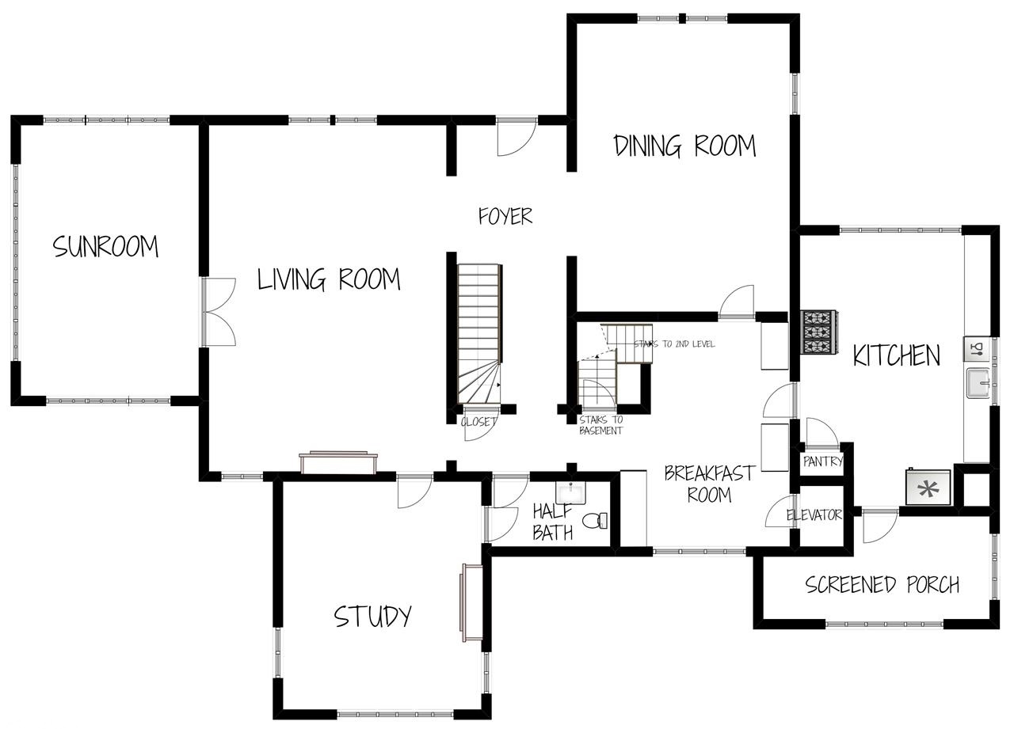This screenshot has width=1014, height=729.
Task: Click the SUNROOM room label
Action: click(x=105, y=247)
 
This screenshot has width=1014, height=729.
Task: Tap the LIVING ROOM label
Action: click(x=329, y=279)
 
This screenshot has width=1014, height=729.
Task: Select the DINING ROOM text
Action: click(x=684, y=146)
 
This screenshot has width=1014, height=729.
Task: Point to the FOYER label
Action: click(x=505, y=216)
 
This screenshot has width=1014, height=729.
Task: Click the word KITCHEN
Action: click(x=896, y=356)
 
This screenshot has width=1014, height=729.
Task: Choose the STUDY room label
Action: click(x=372, y=616)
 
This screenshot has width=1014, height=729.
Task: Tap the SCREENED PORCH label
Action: click(x=882, y=585)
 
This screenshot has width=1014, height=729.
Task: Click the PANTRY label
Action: click(x=822, y=461)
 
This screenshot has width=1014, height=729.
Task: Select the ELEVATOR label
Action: click(x=814, y=515)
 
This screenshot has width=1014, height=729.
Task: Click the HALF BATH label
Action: click(x=552, y=522)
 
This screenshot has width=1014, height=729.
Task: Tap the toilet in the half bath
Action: click(x=595, y=521)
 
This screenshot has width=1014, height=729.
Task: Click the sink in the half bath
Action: click(x=570, y=492)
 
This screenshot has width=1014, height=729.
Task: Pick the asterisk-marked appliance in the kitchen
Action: click(x=928, y=487)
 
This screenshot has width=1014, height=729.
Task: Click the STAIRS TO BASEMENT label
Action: click(x=600, y=426)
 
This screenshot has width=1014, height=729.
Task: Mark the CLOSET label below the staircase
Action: click(x=478, y=422)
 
